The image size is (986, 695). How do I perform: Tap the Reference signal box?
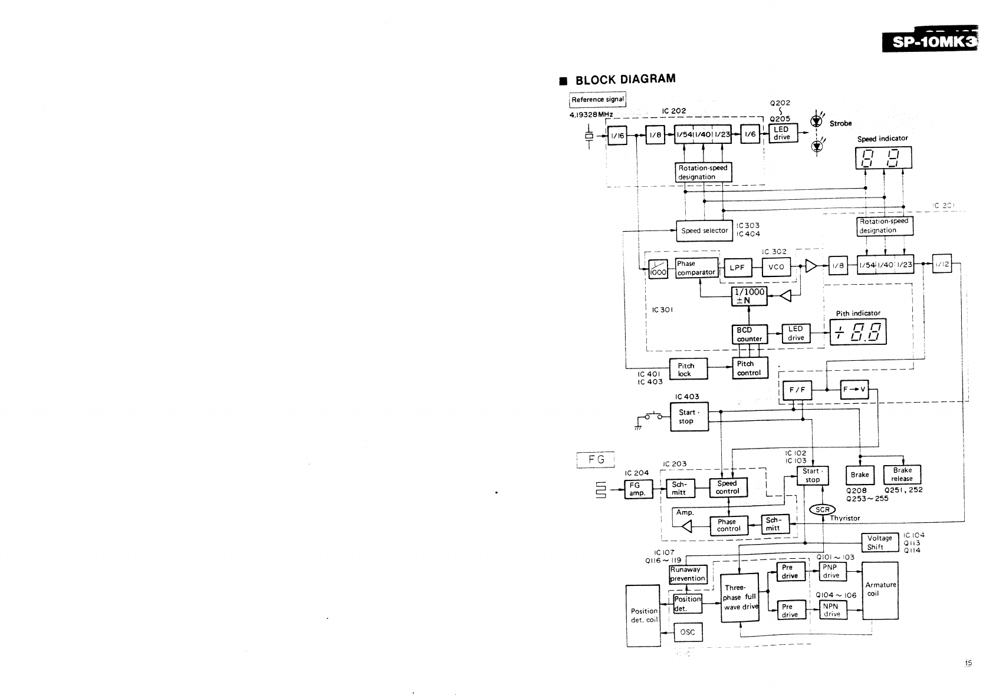click(597, 100)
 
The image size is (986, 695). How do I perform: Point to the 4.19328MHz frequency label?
click(591, 114)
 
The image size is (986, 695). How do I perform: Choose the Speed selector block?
click(704, 230)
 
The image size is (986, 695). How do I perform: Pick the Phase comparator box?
click(696, 268)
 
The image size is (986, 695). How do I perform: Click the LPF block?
click(737, 268)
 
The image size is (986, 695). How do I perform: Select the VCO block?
click(776, 267)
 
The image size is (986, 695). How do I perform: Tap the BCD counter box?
click(750, 334)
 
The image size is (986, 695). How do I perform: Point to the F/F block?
click(796, 390)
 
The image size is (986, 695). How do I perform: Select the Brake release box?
click(902, 475)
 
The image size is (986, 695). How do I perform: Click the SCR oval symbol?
click(822, 510)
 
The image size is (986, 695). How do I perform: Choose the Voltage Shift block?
click(879, 542)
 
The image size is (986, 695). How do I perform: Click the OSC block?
click(688, 632)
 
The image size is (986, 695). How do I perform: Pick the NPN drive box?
click(831, 610)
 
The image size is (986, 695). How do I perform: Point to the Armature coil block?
click(880, 590)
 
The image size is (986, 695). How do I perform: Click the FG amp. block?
click(638, 489)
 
